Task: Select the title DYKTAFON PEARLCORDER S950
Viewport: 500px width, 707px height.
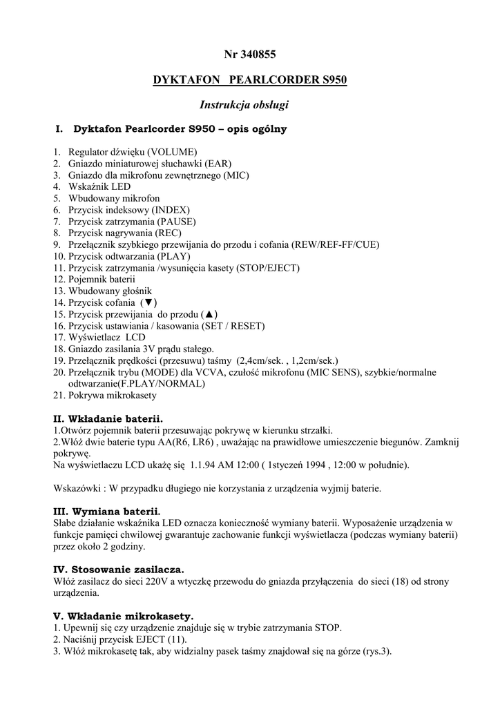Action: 249,80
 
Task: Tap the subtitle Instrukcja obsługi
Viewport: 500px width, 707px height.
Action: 244,105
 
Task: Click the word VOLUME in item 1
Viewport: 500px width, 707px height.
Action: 175,151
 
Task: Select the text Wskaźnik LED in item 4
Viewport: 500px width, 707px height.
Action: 99,186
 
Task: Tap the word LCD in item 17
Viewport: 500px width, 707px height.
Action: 136,338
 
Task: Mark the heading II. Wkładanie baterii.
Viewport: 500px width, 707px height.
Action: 108,418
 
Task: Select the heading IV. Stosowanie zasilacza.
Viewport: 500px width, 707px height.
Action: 119,569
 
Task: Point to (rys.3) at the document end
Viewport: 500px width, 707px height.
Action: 376,650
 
